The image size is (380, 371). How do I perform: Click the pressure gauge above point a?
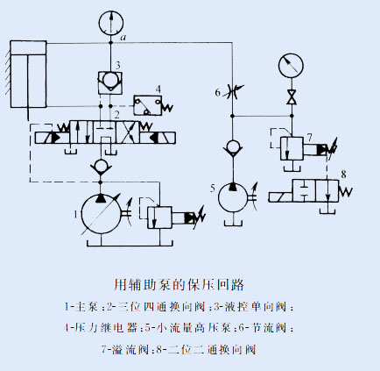coord(111,23)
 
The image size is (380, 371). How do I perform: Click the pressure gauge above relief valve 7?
coord(291,65)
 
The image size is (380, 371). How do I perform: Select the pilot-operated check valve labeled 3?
coord(110,82)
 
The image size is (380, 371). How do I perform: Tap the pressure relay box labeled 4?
coord(148,105)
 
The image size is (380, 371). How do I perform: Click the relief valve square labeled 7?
coord(292,148)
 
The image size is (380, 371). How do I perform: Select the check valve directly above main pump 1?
coord(101,167)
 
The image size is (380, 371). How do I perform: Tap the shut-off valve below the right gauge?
coord(292,97)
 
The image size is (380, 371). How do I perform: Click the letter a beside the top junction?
coord(123,38)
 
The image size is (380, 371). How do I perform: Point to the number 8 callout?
coord(343,175)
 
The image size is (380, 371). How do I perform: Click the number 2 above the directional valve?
coord(116,115)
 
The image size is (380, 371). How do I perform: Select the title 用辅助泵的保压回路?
coord(179,284)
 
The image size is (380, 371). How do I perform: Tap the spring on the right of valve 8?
coord(346,192)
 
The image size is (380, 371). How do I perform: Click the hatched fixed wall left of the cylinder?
coord(8,72)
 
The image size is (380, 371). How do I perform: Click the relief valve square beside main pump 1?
coord(159,218)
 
